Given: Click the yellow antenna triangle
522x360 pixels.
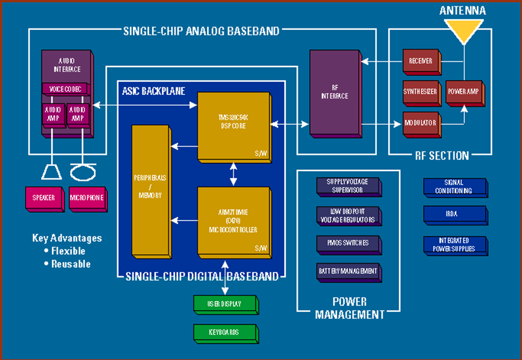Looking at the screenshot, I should [464, 29].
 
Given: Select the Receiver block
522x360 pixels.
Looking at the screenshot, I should [420, 61].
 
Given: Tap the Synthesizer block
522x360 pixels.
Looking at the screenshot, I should [420, 92].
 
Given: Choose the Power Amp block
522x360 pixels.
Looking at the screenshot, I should [464, 92].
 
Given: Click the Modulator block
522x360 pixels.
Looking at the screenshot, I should [420, 122].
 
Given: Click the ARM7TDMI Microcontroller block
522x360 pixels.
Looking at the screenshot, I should [233, 219].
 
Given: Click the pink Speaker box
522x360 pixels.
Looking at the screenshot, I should [44, 198].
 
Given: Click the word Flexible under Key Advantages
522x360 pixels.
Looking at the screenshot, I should [68, 251].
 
